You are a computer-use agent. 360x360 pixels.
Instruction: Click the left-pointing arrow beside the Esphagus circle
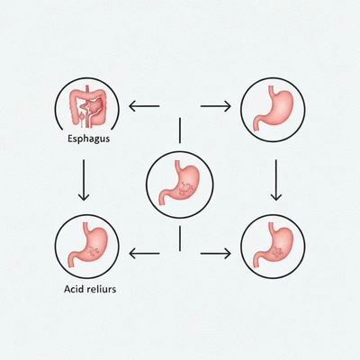pos(144,105)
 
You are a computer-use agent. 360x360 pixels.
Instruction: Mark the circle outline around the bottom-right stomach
pos(241,246)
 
